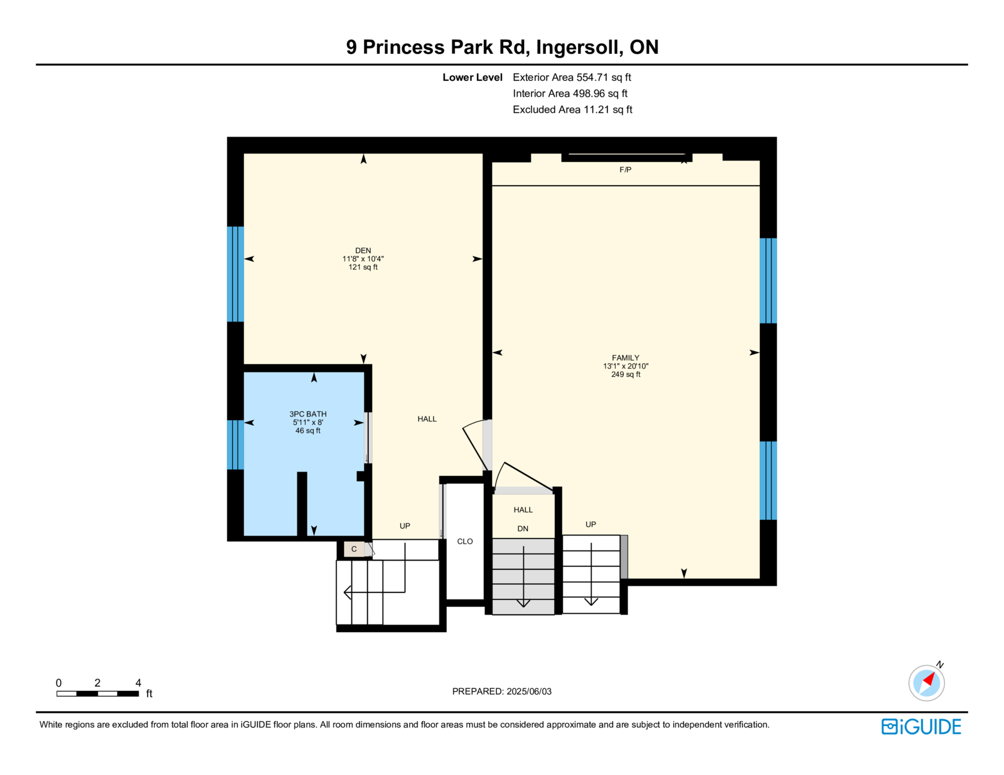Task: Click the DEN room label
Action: pyautogui.click(x=363, y=251)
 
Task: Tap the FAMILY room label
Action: pyautogui.click(x=626, y=358)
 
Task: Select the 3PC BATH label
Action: pyautogui.click(x=307, y=414)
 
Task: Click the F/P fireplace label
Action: pyautogui.click(x=625, y=170)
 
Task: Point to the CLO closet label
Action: pyautogui.click(x=465, y=542)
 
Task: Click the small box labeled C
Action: pyautogui.click(x=354, y=549)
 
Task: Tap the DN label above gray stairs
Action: pyautogui.click(x=523, y=529)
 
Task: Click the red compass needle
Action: pyautogui.click(x=929, y=680)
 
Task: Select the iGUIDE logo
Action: pyautogui.click(x=921, y=727)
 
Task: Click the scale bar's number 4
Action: pyautogui.click(x=138, y=683)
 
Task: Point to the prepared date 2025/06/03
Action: pyautogui.click(x=529, y=692)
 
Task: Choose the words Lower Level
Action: pyautogui.click(x=473, y=78)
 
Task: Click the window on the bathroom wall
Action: pyautogui.click(x=235, y=445)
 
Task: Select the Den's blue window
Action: pyautogui.click(x=235, y=274)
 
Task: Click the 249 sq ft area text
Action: pyautogui.click(x=626, y=374)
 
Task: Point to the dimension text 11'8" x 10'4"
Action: pyautogui.click(x=363, y=259)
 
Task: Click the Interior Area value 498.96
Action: pyautogui.click(x=589, y=93)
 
